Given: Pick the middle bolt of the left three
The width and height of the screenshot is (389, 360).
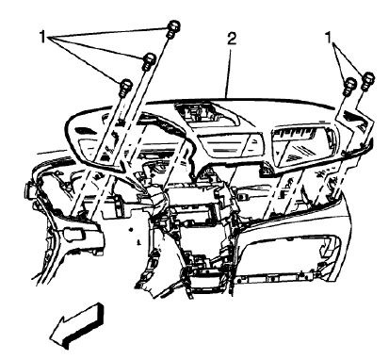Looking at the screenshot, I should [149, 62].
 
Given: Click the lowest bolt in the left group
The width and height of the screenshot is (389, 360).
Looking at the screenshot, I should [125, 87].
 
